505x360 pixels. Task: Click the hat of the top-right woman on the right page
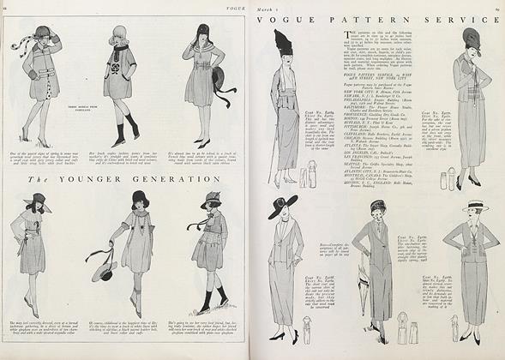click(472, 39)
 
